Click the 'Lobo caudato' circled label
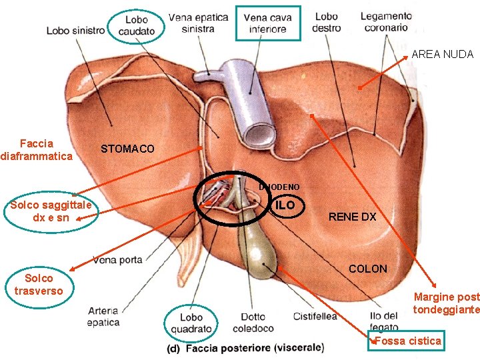(x=136, y=25)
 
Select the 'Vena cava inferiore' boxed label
(x=267, y=23)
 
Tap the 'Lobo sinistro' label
(x=75, y=31)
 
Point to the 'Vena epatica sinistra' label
(x=198, y=23)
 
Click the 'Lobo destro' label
(x=327, y=23)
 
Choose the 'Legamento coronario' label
(x=386, y=23)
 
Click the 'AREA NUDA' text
(x=442, y=55)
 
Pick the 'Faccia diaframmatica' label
(x=37, y=150)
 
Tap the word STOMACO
(x=127, y=149)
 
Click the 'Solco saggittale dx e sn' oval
(x=51, y=211)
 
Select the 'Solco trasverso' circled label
(x=38, y=284)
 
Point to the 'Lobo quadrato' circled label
(x=191, y=323)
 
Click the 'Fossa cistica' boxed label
(x=407, y=341)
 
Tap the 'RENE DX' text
(x=352, y=217)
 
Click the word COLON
(x=368, y=269)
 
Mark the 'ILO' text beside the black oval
(x=285, y=205)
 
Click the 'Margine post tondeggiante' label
(x=446, y=303)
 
